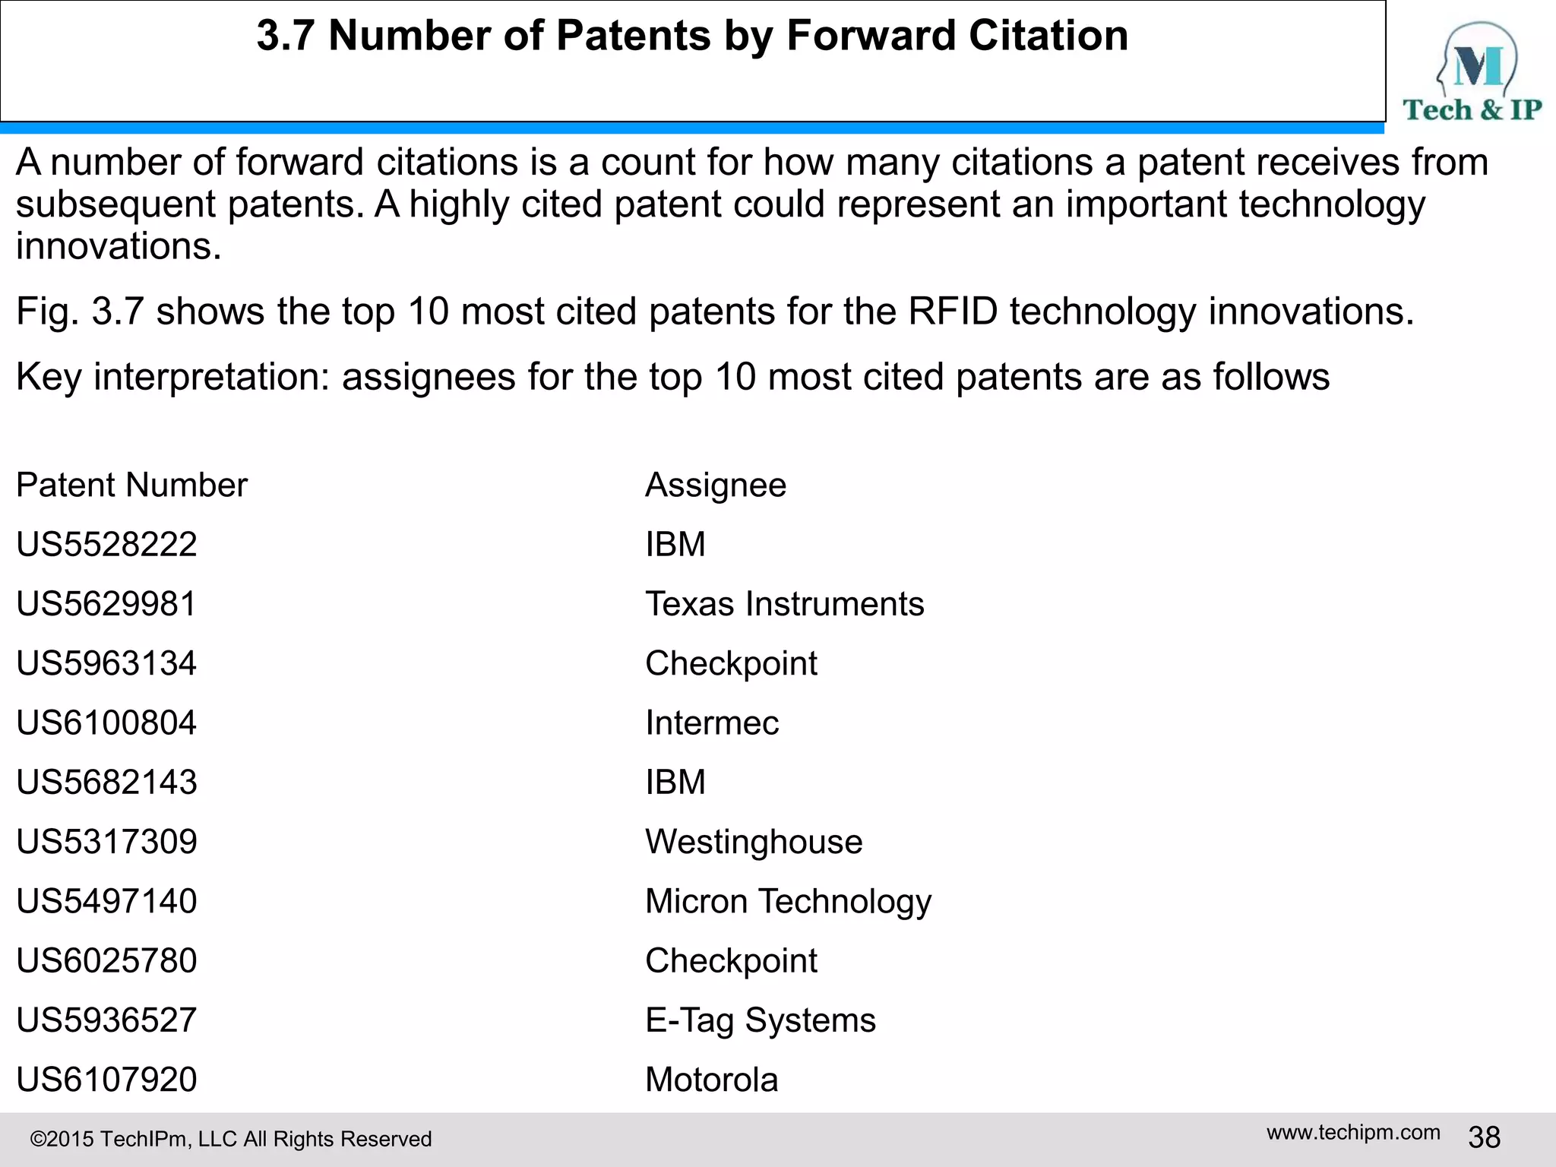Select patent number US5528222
point(106,545)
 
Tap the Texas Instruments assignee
point(784,604)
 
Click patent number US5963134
point(106,663)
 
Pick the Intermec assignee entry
point(712,723)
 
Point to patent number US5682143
point(106,782)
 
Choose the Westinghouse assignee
point(754,842)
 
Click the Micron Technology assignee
point(788,901)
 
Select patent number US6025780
point(106,960)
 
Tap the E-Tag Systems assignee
point(761,1020)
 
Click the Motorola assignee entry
point(712,1080)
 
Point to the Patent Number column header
point(131,485)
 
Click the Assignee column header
point(716,485)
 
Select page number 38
point(1484,1137)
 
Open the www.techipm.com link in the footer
point(1353,1133)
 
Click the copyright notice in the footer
point(231,1139)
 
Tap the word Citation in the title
point(1048,36)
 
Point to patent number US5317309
point(106,842)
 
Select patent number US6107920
point(106,1080)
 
